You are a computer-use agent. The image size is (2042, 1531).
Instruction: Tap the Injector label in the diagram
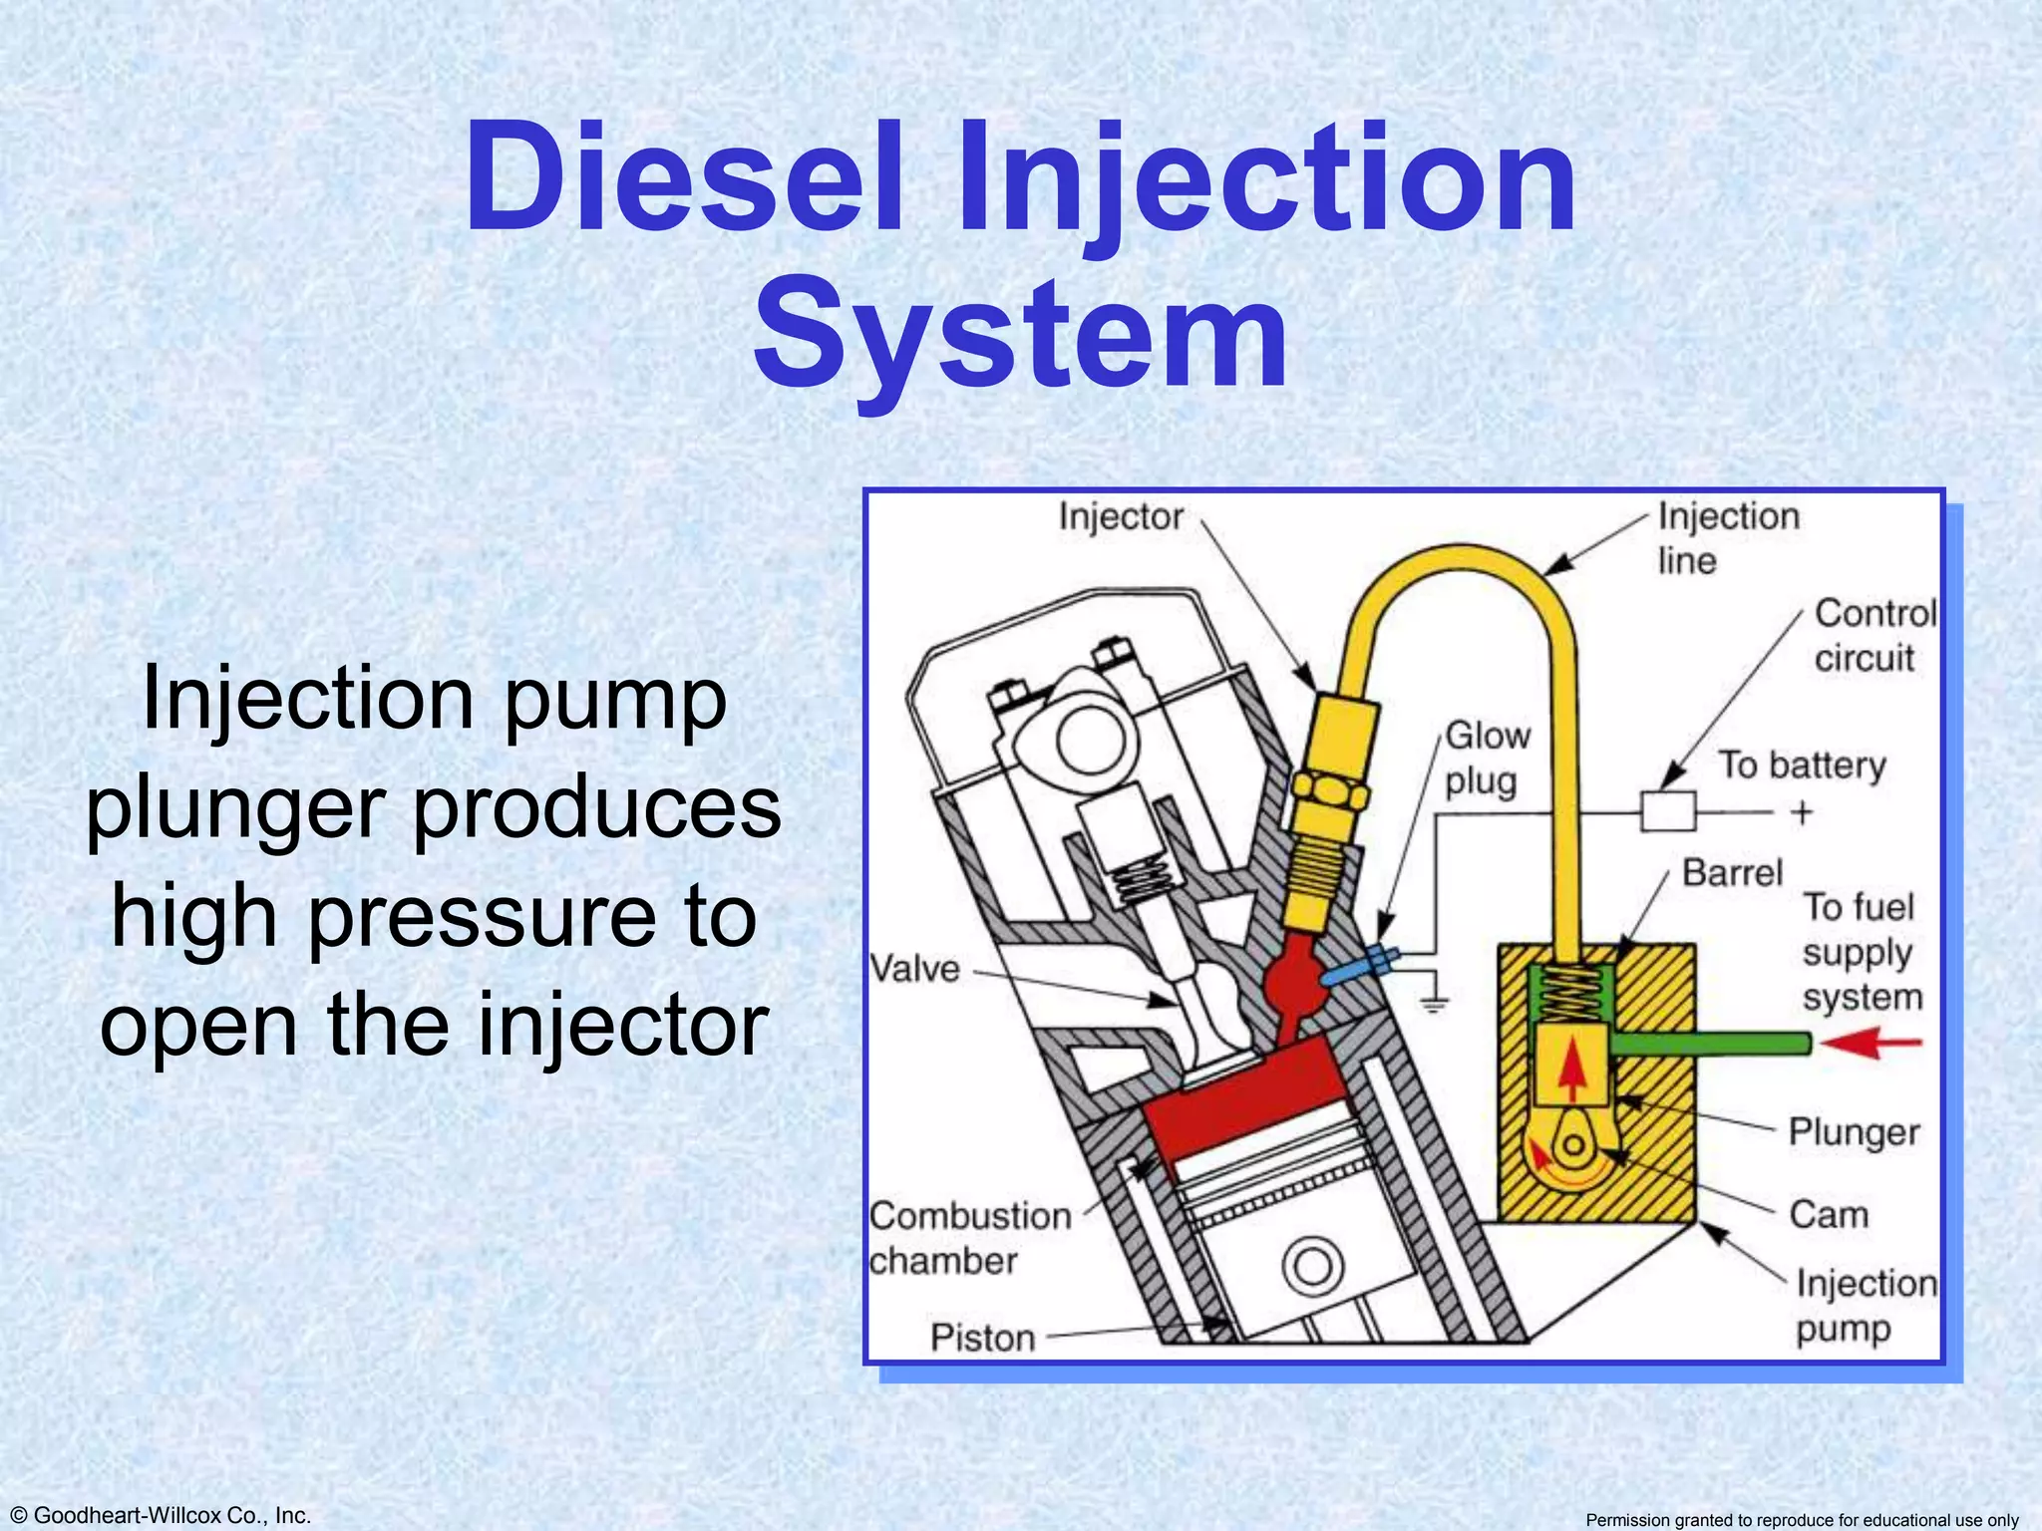[1120, 517]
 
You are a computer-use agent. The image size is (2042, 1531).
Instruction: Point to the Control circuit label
[1873, 635]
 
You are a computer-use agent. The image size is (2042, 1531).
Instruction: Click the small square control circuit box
[1668, 810]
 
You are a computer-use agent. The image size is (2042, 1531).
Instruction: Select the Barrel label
[1732, 873]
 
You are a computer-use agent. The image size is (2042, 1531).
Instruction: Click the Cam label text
[1828, 1215]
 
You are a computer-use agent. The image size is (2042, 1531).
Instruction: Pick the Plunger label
[1853, 1132]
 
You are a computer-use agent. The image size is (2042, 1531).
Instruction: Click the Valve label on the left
[914, 969]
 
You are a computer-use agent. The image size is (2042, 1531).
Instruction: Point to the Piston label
[982, 1338]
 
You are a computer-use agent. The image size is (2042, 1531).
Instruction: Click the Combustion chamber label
[968, 1238]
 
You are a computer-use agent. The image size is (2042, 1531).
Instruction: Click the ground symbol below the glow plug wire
[1433, 1005]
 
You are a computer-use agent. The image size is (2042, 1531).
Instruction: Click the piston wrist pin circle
[1312, 1267]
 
